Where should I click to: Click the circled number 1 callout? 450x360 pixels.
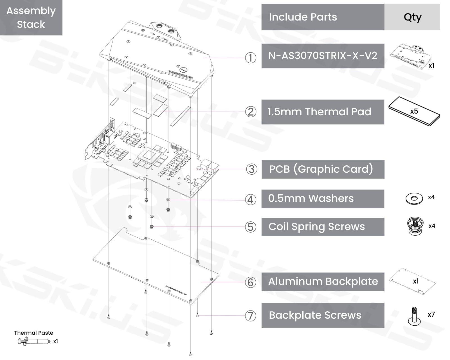251,58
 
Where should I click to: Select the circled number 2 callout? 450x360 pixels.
251,112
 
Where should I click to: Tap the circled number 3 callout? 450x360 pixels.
251,169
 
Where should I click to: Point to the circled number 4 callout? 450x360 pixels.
251,199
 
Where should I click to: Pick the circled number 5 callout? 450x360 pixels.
251,227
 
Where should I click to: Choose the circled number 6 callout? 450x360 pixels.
251,282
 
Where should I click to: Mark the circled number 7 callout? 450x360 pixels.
251,316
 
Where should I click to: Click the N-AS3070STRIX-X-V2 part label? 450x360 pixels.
323,56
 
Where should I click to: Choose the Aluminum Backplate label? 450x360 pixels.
323,282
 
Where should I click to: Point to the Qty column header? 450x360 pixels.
412,17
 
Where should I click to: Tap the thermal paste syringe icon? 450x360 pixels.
34,341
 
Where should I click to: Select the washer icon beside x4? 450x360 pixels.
414,199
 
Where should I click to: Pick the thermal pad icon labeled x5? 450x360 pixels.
414,111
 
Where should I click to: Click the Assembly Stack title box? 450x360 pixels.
31,17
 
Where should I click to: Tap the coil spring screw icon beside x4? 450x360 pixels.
415,226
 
